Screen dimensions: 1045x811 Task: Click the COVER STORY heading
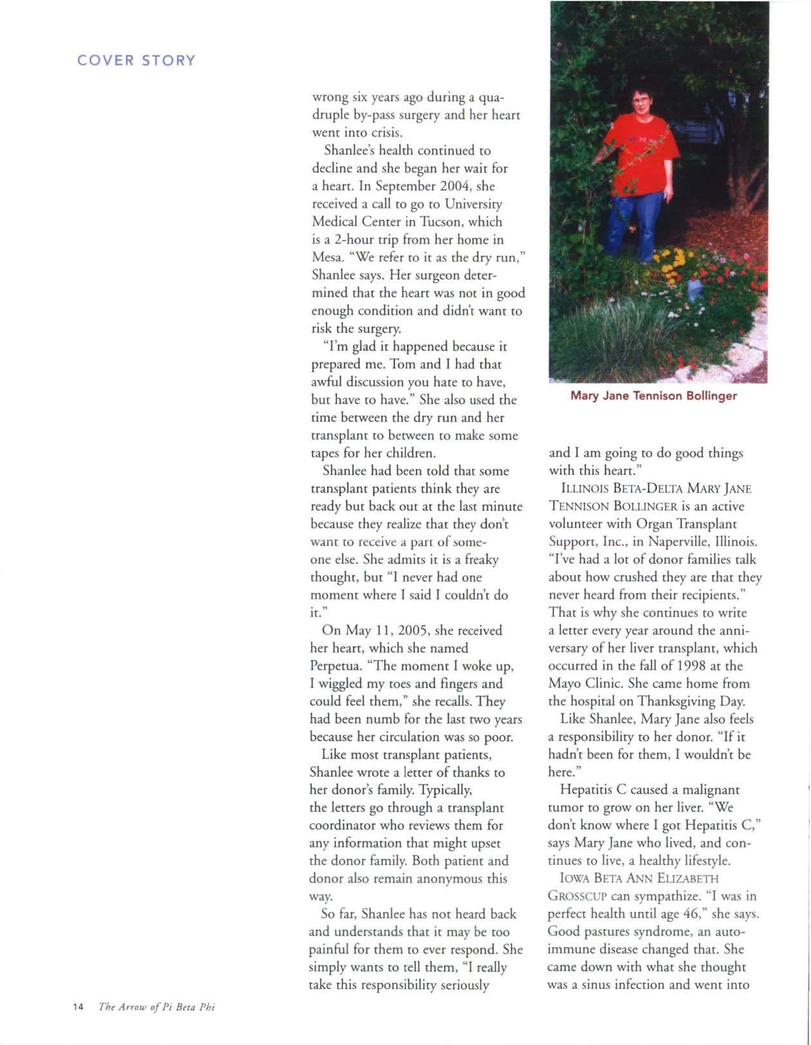(x=136, y=61)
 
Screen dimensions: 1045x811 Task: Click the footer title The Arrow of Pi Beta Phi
(x=156, y=1007)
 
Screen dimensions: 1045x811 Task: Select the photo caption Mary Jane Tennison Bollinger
(x=653, y=395)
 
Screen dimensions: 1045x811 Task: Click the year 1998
(x=698, y=666)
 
